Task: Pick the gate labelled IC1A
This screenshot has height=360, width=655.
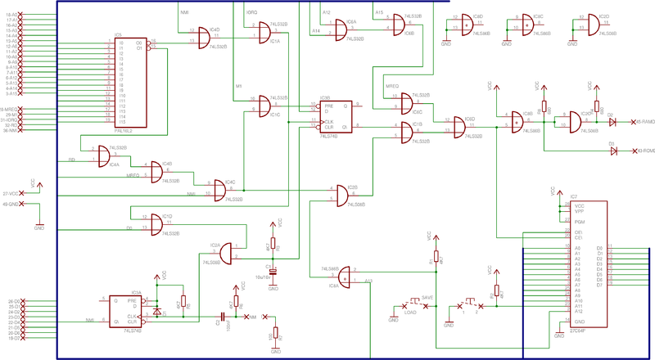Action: point(264,34)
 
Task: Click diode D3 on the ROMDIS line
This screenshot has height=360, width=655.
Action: point(612,151)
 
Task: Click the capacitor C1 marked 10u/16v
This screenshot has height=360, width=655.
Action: point(273,271)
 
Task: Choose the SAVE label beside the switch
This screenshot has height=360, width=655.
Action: point(427,298)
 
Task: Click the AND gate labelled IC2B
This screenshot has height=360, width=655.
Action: point(341,195)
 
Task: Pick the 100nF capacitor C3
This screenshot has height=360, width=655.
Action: point(221,315)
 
